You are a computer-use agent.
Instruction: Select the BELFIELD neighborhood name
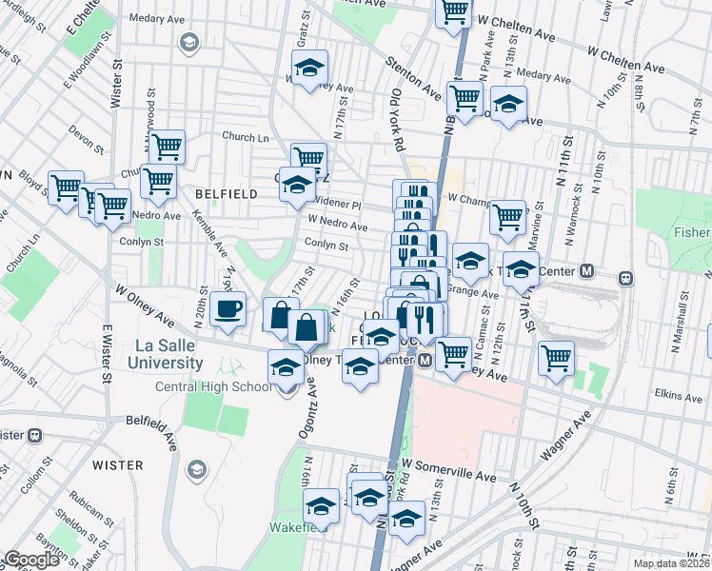point(226,193)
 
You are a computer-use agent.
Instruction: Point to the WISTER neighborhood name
point(118,465)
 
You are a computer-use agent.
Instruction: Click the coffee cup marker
point(228,310)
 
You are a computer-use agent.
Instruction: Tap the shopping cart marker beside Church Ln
point(167,148)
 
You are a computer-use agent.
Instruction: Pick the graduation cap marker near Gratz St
point(309,69)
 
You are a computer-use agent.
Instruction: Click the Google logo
point(31,560)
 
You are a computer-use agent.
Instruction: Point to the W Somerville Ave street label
point(448,468)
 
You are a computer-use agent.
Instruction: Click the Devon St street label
point(87,141)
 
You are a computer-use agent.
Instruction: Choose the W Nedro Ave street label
point(337,224)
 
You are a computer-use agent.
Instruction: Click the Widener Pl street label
point(339,203)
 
